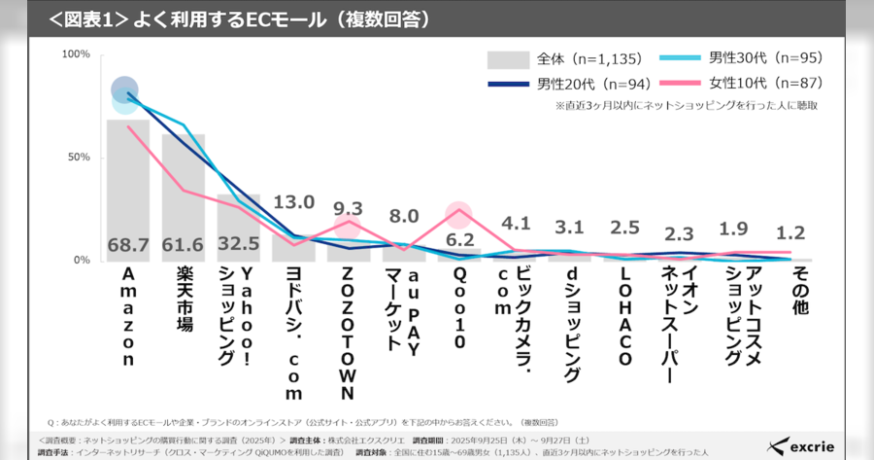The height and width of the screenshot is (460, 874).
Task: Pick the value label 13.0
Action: click(293, 202)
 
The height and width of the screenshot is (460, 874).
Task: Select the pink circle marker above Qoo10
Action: click(458, 213)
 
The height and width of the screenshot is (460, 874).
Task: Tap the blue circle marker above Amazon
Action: click(124, 91)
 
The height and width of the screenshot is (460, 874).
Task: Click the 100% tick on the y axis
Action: click(76, 54)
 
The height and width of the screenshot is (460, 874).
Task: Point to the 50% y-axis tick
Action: click(79, 158)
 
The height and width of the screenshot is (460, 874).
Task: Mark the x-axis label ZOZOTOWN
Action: click(348, 336)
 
